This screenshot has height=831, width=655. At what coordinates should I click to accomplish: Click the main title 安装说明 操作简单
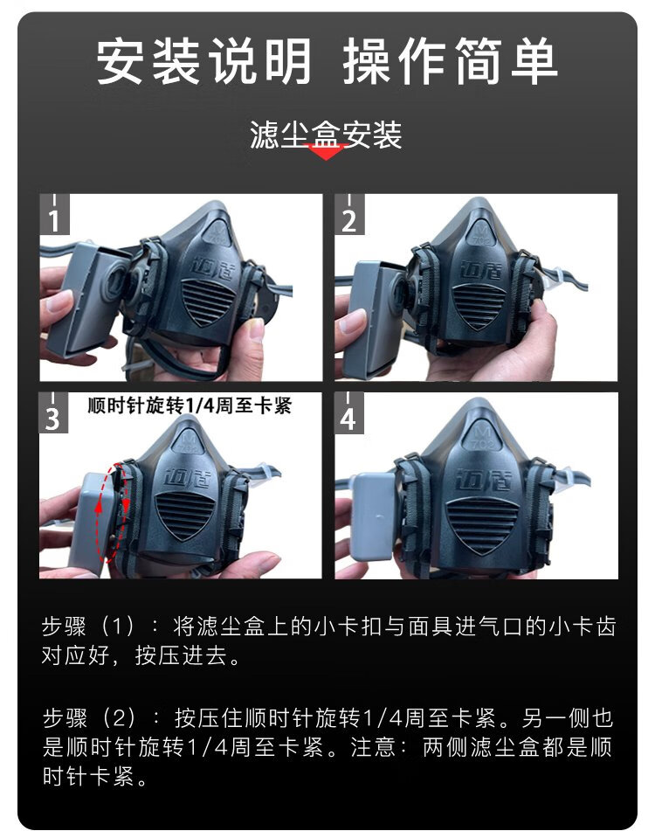point(327,60)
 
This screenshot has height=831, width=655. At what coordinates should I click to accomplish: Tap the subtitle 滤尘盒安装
point(326,135)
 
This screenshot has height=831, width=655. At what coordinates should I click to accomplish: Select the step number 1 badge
point(54,214)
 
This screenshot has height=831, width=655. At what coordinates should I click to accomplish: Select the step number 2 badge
point(349,214)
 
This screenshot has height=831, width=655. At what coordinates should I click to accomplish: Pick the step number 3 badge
point(53,412)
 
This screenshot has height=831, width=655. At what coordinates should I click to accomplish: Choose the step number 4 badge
point(349,412)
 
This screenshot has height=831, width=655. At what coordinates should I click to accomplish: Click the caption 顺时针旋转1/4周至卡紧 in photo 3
point(190,406)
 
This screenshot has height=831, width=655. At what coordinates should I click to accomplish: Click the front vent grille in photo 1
point(207,302)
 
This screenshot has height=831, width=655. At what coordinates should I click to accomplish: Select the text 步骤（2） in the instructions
point(89,718)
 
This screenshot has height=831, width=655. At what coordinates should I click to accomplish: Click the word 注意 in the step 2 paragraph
point(373,747)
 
